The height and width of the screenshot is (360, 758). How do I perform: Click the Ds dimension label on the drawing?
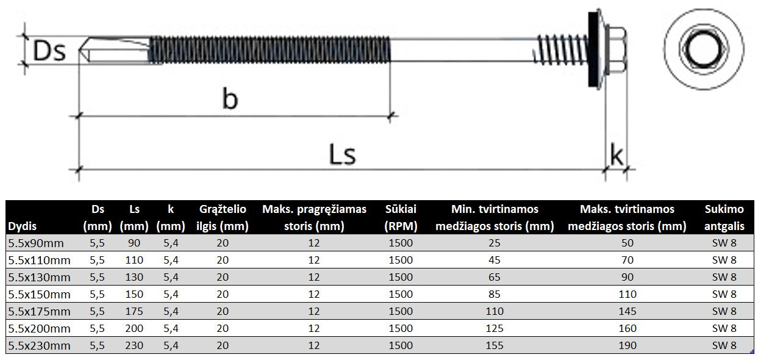coord(49,51)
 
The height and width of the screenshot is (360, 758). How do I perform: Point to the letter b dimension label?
coord(230,99)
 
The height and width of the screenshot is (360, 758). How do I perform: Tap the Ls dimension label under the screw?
coord(342,154)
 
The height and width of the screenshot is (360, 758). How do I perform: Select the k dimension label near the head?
coord(616,154)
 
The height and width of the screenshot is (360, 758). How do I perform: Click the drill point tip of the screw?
coord(80,50)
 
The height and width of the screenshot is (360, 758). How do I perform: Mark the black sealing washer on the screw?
coord(592,49)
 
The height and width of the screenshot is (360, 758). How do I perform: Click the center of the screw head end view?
coord(704,49)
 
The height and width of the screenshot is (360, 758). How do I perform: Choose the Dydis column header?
coord(22,226)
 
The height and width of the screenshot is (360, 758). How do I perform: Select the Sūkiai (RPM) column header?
coord(401,217)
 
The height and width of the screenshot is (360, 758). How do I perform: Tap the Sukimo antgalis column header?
coord(724,217)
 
